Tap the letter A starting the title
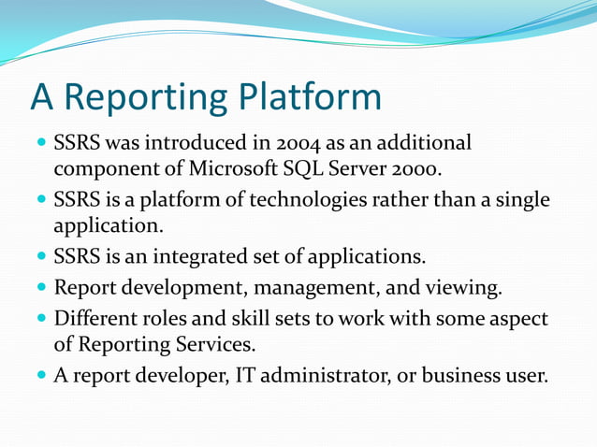(x=42, y=97)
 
